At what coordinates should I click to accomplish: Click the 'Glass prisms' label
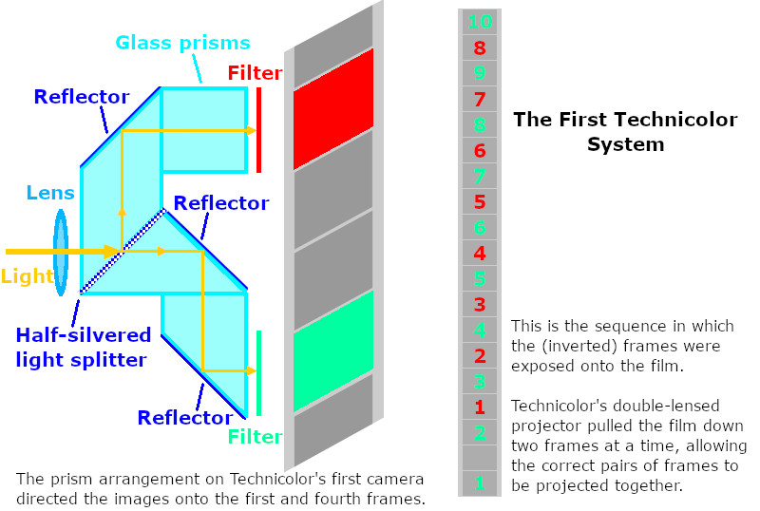pyautogui.click(x=182, y=43)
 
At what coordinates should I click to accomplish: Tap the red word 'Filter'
pyautogui.click(x=255, y=73)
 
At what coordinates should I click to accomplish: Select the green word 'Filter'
pyautogui.click(x=255, y=437)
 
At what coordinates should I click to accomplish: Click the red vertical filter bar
pyautogui.click(x=258, y=130)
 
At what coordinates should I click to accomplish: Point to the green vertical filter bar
pyautogui.click(x=258, y=373)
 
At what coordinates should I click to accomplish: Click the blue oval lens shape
pyautogui.click(x=62, y=252)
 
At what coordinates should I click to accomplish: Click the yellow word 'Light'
pyautogui.click(x=27, y=276)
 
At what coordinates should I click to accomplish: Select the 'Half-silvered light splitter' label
pyautogui.click(x=84, y=347)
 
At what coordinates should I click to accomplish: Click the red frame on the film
pyautogui.click(x=332, y=108)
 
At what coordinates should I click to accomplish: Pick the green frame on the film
pyautogui.click(x=332, y=352)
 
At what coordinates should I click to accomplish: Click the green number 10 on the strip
pyautogui.click(x=480, y=21)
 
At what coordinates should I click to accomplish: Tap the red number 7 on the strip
pyautogui.click(x=480, y=99)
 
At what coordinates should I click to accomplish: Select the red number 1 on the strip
pyautogui.click(x=480, y=407)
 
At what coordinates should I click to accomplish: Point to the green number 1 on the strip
pyautogui.click(x=480, y=483)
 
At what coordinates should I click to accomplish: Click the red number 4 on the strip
pyautogui.click(x=480, y=253)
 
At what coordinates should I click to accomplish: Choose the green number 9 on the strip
pyautogui.click(x=480, y=72)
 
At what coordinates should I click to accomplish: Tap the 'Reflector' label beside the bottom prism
pyautogui.click(x=184, y=418)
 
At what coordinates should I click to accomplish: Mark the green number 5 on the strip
pyautogui.click(x=480, y=279)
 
